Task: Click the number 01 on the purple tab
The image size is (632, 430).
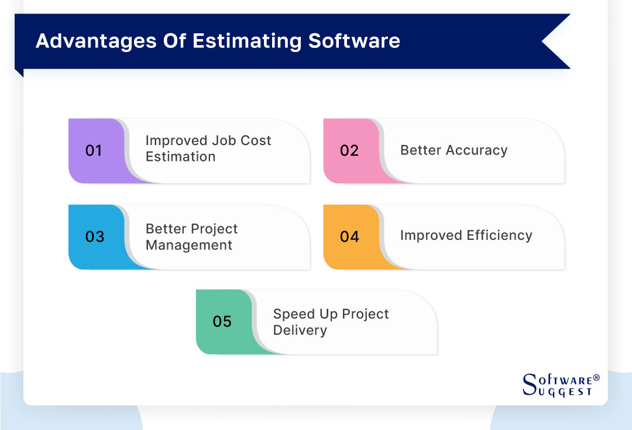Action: tap(94, 151)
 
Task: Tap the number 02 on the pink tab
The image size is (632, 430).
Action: tap(349, 151)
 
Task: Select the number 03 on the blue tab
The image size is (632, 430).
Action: tap(94, 237)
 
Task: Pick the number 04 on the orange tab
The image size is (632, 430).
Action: tap(349, 237)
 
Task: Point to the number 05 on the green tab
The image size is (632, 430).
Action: tap(222, 322)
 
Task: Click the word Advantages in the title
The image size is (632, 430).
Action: tap(93, 41)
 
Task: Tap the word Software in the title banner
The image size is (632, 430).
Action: tap(354, 41)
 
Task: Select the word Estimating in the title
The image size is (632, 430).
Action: tap(246, 41)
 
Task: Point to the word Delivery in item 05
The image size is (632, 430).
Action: tap(300, 330)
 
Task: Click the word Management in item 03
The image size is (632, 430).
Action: tap(188, 245)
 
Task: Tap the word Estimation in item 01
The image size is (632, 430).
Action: tap(180, 157)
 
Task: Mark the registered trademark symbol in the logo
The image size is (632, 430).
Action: tap(596, 378)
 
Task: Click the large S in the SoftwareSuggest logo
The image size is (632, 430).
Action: tap(529, 384)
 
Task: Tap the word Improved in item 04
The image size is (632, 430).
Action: tap(431, 236)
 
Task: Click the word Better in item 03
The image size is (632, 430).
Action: tap(164, 229)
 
